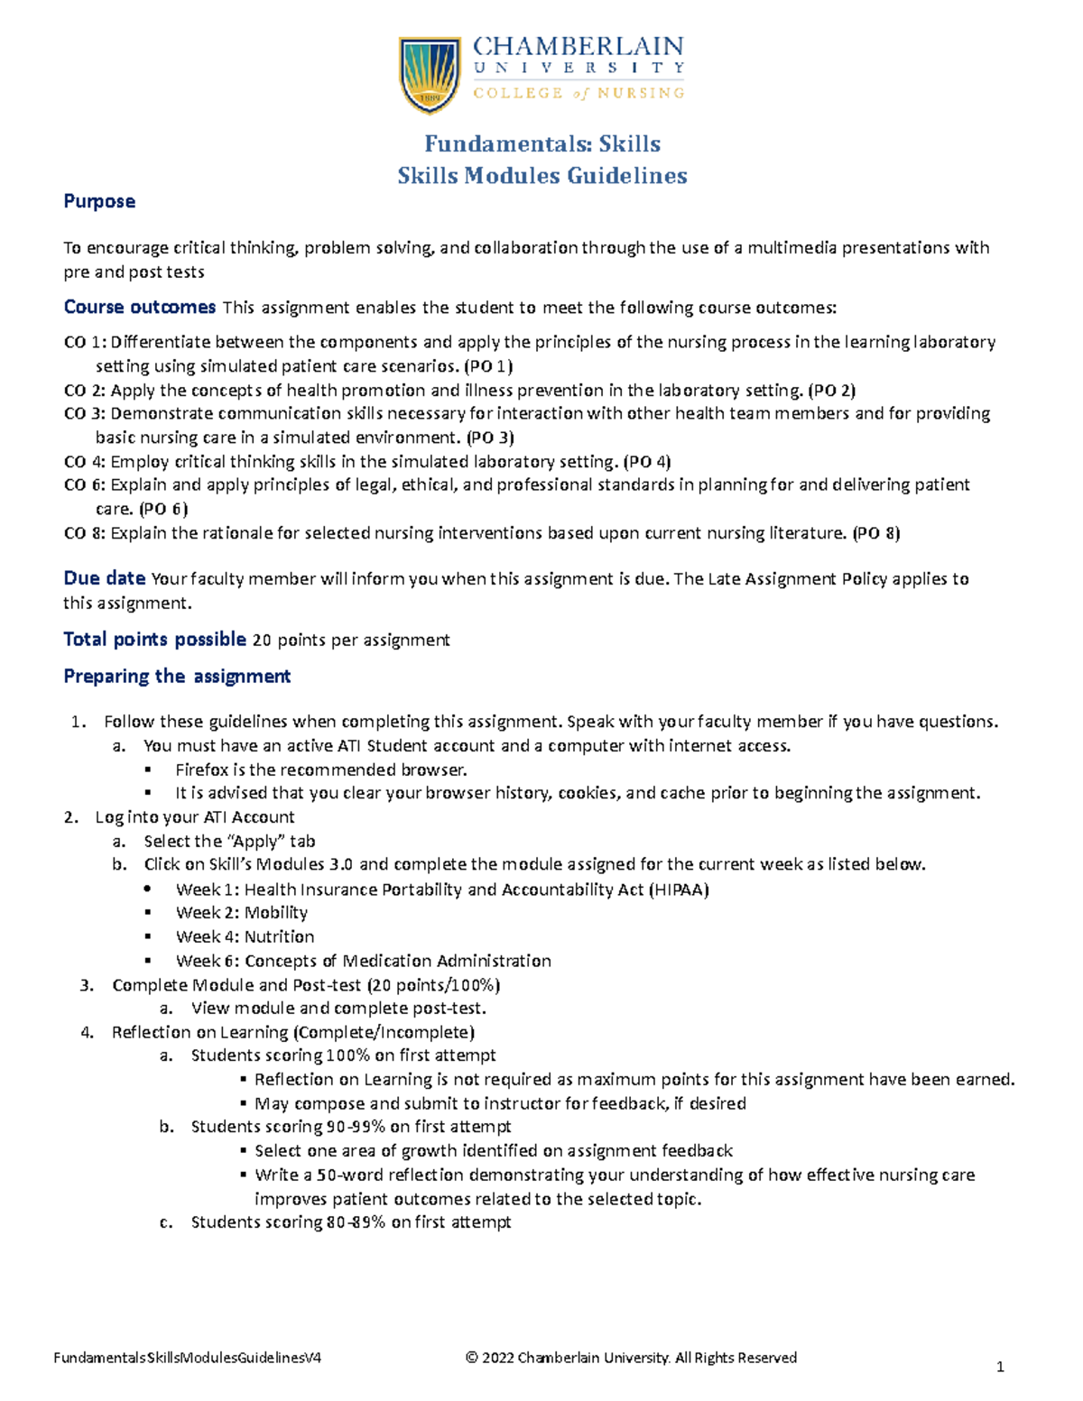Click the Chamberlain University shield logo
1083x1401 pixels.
coord(430,74)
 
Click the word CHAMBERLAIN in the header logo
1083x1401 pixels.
coord(578,47)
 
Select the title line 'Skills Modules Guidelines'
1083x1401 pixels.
coord(542,176)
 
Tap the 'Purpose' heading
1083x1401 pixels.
coord(99,201)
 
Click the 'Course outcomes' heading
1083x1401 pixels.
coord(139,308)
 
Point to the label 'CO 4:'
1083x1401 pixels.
coord(85,462)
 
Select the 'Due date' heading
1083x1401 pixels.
coord(104,579)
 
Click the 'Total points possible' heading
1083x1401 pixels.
coord(154,640)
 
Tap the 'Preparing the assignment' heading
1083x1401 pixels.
coord(177,677)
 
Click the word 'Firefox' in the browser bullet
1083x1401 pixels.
coord(202,770)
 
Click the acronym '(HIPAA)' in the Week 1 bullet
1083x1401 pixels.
coord(679,889)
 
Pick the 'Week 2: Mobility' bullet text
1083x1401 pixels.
coord(242,913)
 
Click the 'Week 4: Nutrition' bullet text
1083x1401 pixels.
coord(245,937)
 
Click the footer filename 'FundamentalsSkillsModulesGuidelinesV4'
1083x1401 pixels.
coord(188,1358)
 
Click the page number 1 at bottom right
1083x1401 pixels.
coord(1000,1368)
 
